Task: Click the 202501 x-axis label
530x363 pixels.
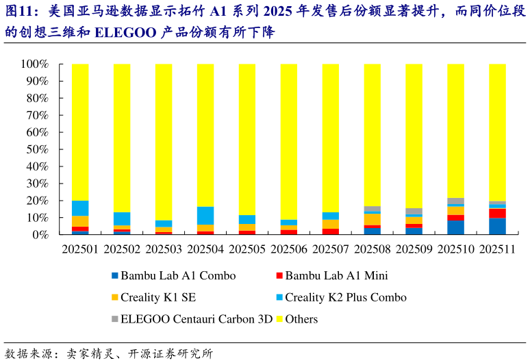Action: pyautogui.click(x=80, y=249)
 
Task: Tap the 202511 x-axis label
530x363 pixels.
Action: pyautogui.click(x=496, y=249)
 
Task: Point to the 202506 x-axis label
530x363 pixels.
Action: pyautogui.click(x=288, y=249)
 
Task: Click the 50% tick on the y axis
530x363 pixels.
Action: pyautogui.click(x=37, y=149)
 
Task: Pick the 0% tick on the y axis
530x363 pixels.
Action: pyautogui.click(x=40, y=234)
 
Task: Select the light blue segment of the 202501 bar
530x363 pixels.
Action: pyautogui.click(x=80, y=208)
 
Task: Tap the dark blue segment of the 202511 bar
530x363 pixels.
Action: pyautogui.click(x=496, y=226)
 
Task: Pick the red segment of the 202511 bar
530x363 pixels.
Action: pyautogui.click(x=496, y=213)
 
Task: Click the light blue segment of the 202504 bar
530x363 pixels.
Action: pyautogui.click(x=205, y=216)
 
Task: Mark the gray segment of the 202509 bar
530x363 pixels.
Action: pyautogui.click(x=414, y=212)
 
